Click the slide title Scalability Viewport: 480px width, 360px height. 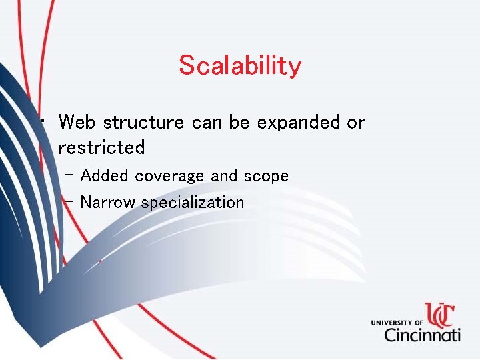(240, 66)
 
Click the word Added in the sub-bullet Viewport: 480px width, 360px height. (105, 176)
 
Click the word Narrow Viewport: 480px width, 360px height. (108, 203)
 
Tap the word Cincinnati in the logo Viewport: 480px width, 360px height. (422, 333)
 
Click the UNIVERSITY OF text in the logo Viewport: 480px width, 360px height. (397, 323)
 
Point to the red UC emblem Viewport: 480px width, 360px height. (441, 313)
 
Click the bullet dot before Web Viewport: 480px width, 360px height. (42, 121)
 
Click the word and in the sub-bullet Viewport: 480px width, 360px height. (224, 176)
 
